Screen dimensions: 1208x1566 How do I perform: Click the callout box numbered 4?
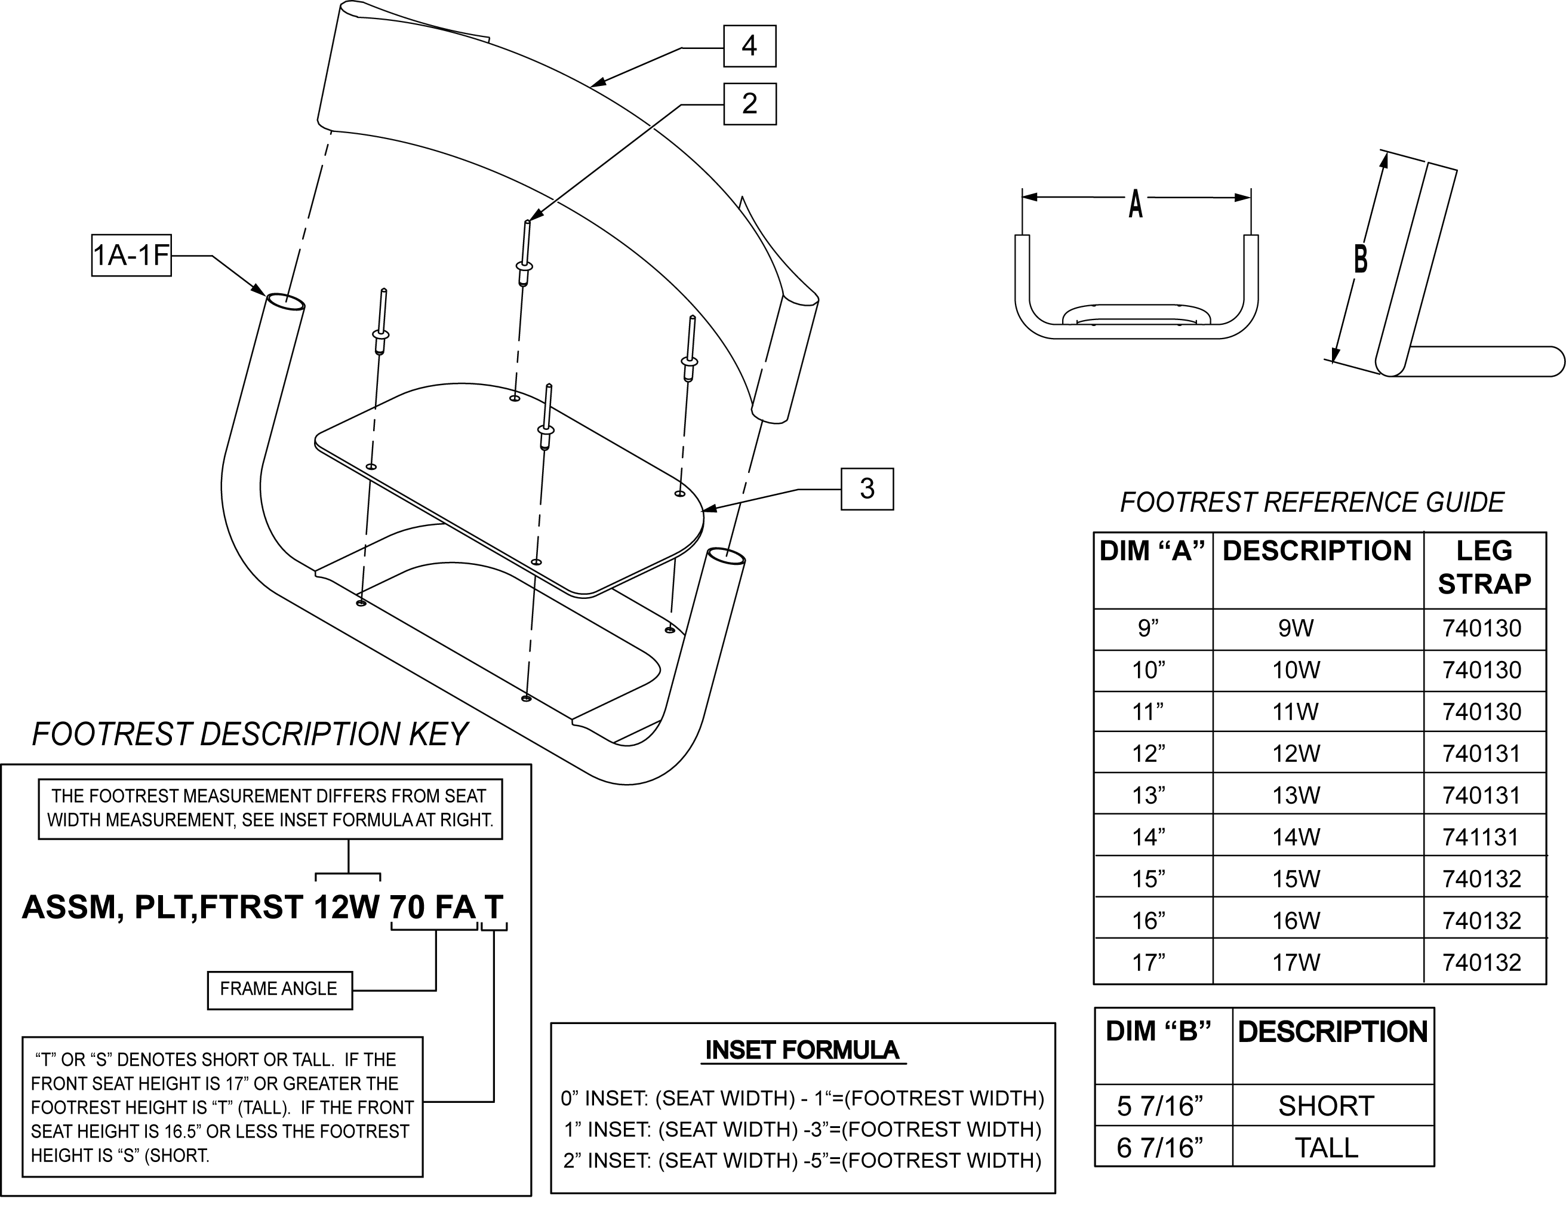click(x=749, y=46)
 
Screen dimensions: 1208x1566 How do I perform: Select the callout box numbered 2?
click(x=749, y=104)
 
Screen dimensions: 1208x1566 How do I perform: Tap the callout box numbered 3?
click(x=867, y=489)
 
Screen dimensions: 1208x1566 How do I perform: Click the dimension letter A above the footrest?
click(x=1135, y=204)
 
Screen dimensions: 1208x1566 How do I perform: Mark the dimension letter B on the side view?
click(x=1360, y=259)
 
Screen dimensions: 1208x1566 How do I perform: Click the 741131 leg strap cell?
click(x=1481, y=837)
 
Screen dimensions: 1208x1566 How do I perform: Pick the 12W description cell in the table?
click(x=1296, y=754)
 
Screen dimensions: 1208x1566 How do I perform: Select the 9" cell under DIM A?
click(x=1149, y=628)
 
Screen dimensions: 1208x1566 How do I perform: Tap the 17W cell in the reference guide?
click(x=1296, y=963)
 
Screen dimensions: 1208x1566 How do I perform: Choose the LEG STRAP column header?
click(x=1484, y=567)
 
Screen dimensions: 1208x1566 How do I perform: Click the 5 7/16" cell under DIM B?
click(x=1159, y=1106)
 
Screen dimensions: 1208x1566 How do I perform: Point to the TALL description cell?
click(x=1326, y=1148)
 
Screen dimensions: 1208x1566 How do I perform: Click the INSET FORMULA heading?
click(x=802, y=1050)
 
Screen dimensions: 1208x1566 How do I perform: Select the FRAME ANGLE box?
click(x=279, y=989)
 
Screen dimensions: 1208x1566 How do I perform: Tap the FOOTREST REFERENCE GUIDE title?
click(x=1312, y=503)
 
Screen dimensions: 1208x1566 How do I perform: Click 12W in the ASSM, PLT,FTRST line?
click(x=346, y=908)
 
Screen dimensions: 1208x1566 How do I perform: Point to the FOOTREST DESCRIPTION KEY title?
click(x=250, y=734)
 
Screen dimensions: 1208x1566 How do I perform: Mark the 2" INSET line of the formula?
click(x=802, y=1161)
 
